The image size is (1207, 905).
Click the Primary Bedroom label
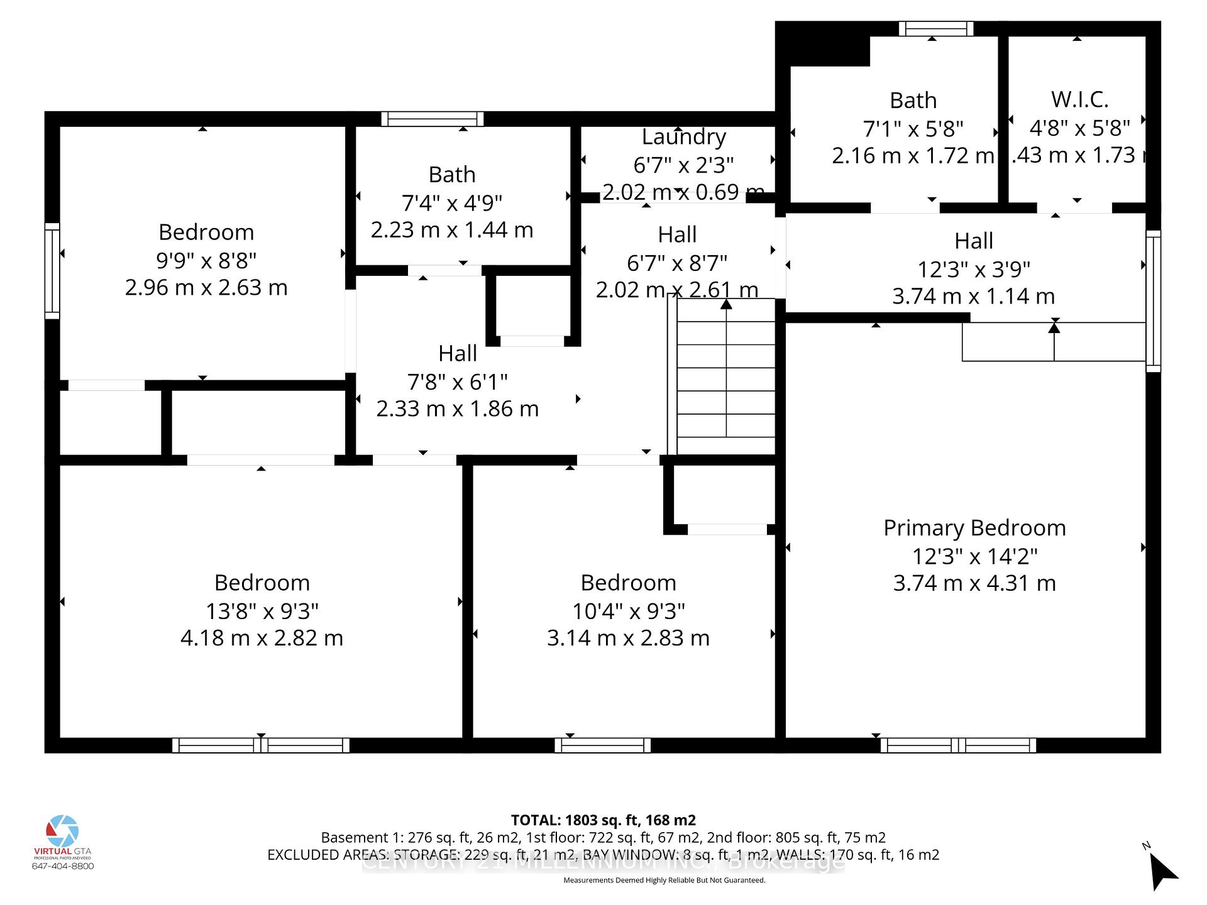[x=974, y=528]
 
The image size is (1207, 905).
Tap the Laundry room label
[x=683, y=136]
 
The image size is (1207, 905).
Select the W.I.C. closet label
[x=1079, y=99]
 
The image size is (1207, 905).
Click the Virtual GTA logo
[x=63, y=833]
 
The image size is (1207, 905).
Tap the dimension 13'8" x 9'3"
[x=262, y=611]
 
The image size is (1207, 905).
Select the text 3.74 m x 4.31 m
[x=974, y=583]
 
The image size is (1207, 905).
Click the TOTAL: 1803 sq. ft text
[x=603, y=820]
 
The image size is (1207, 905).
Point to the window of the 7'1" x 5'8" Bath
[x=935, y=29]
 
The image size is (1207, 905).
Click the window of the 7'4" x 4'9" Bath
[x=433, y=119]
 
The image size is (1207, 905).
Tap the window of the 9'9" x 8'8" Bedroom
[x=52, y=271]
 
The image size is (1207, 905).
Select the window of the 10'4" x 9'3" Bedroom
[x=602, y=745]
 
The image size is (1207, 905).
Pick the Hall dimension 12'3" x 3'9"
[x=974, y=269]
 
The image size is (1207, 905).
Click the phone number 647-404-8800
[x=63, y=866]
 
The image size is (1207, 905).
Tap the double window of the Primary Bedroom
[x=958, y=745]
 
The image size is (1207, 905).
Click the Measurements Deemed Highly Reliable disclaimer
[x=664, y=880]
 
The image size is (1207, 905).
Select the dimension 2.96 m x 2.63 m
[x=206, y=288]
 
